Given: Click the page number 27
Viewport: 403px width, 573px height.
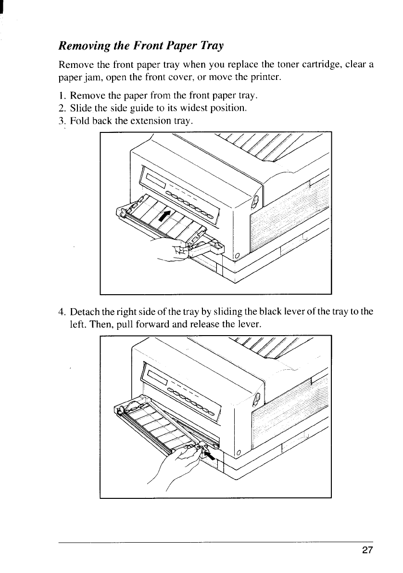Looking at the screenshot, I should [367, 551].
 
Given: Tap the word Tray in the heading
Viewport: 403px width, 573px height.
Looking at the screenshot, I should [212, 47].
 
